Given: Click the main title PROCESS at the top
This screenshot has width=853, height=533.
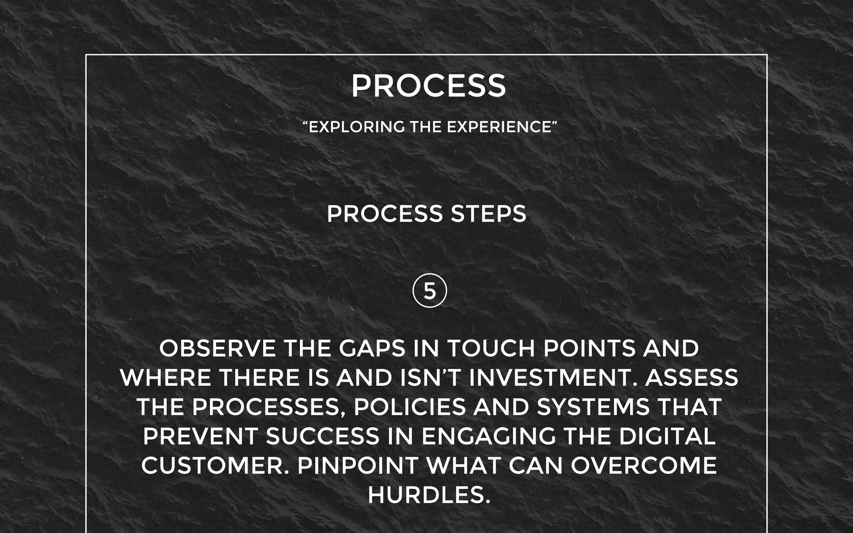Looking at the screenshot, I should pos(429,86).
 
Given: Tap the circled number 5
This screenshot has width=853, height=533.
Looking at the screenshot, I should pos(429,291).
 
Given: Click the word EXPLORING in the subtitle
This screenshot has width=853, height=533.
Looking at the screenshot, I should pos(357,127).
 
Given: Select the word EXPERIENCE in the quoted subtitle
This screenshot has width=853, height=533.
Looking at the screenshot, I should pos(499,127).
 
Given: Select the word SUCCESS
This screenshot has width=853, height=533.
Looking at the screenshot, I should pos(323,436).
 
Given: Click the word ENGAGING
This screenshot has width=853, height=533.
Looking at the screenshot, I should pos(489,436).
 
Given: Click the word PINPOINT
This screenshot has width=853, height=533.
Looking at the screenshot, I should pos(358,466).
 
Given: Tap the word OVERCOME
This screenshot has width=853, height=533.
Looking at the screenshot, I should pos(643,466).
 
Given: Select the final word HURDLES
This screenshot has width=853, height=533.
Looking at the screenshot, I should pos(429,495).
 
